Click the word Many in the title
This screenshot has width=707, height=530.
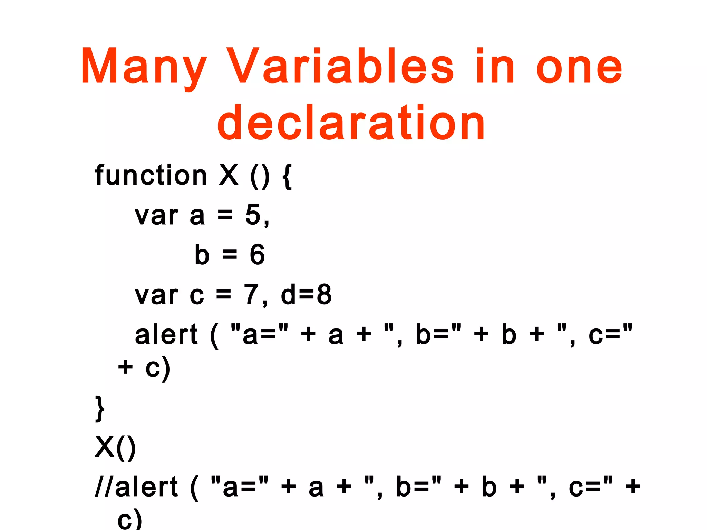pyautogui.click(x=143, y=67)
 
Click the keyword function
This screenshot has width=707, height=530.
pyautogui.click(x=151, y=175)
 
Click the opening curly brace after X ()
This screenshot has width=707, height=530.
pyautogui.click(x=287, y=177)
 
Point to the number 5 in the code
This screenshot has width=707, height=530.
pyautogui.click(x=253, y=215)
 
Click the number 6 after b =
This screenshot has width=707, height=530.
pyautogui.click(x=257, y=255)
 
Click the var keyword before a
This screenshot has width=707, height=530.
pyautogui.click(x=156, y=216)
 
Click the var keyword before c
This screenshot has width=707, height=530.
pyautogui.click(x=156, y=295)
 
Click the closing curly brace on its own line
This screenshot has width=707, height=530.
pyautogui.click(x=99, y=409)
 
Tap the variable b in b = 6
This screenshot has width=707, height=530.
pyautogui.click(x=202, y=255)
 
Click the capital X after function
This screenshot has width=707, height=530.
pyautogui.click(x=228, y=175)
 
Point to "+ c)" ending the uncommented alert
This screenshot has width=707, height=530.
pyautogui.click(x=144, y=368)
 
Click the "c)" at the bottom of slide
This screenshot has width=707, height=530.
pyautogui.click(x=129, y=519)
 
